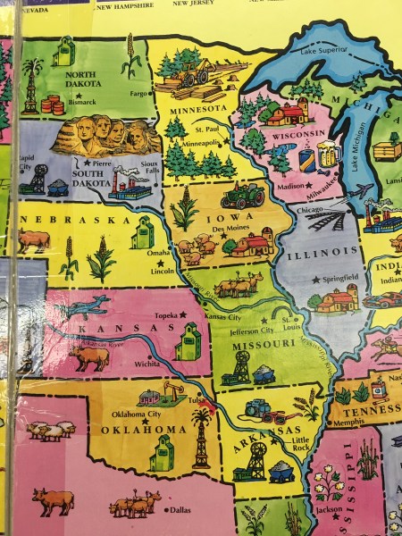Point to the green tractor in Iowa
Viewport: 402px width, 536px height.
tap(241, 195)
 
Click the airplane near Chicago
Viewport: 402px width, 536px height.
tap(357, 190)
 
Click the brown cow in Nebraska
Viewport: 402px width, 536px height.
tap(33, 239)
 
